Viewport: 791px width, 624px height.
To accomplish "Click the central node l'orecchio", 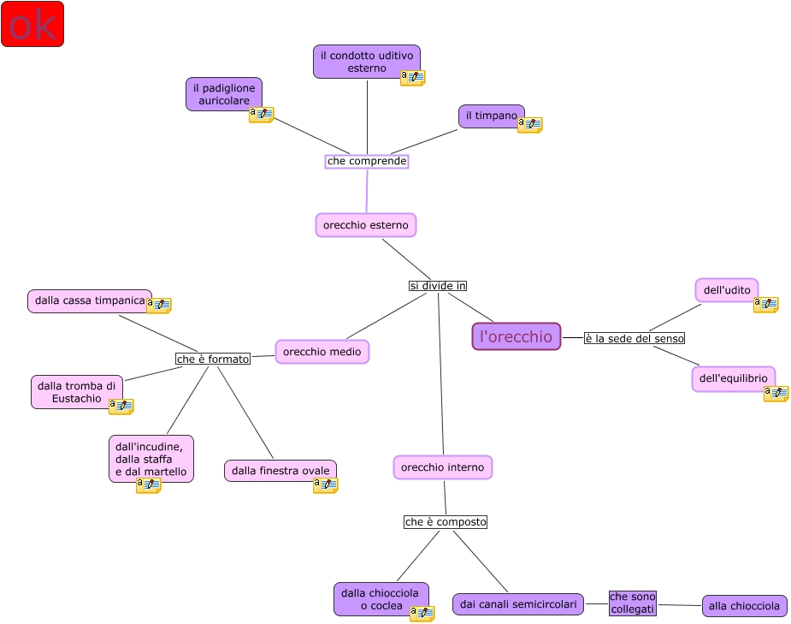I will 516,336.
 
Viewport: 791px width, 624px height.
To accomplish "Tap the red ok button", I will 32,24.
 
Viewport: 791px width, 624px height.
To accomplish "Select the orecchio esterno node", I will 365,225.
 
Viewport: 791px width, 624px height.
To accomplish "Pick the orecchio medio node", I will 322,352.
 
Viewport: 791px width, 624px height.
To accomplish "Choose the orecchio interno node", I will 442,467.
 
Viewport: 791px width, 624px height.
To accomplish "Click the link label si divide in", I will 437,286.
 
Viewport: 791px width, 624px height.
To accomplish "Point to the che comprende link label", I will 367,161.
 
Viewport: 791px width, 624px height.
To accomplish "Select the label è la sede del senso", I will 634,338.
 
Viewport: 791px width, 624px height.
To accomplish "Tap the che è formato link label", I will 213,360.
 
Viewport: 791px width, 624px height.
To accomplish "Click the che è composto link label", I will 445,521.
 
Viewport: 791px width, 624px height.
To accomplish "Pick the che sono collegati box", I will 632,603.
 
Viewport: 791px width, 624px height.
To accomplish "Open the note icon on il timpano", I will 529,125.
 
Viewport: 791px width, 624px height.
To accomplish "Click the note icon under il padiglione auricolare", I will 261,115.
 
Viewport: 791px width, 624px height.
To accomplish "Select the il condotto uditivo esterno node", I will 366,62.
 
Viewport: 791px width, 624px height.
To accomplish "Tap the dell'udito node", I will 726,290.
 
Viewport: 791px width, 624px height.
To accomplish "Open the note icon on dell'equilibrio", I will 776,394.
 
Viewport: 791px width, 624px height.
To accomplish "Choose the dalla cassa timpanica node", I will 89,301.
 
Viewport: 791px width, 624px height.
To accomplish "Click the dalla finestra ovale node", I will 280,471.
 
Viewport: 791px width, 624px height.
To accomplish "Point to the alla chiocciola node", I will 744,606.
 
